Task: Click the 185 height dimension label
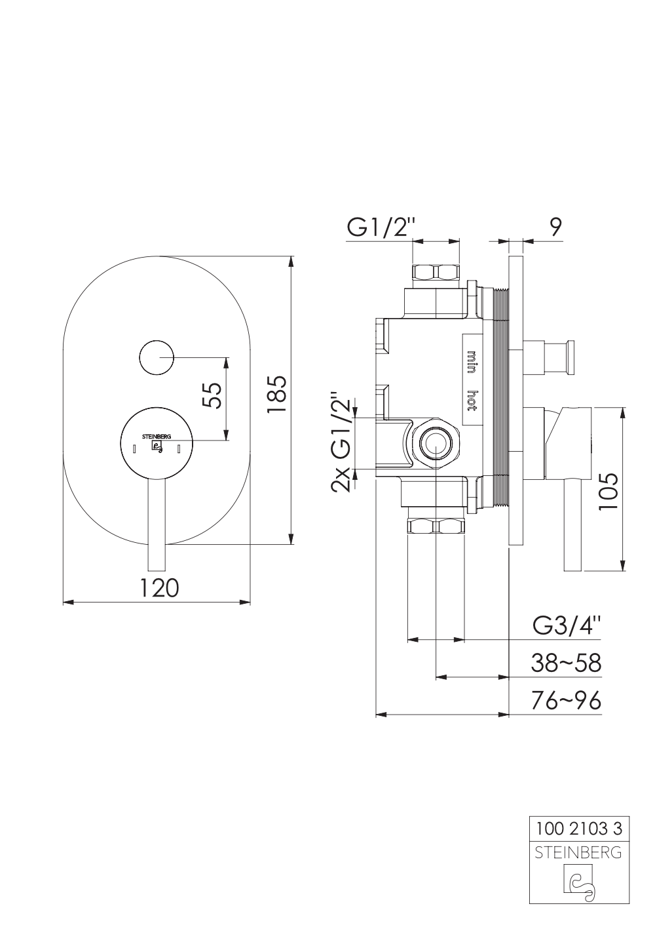coord(276,394)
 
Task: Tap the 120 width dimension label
coord(159,587)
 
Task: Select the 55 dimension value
coord(212,395)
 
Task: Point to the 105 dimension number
coord(608,492)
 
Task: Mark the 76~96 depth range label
coord(566,701)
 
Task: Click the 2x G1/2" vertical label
coord(341,441)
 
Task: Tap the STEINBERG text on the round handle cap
coord(157,436)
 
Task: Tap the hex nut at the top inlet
coord(436,272)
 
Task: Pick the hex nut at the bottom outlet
coord(436,527)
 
